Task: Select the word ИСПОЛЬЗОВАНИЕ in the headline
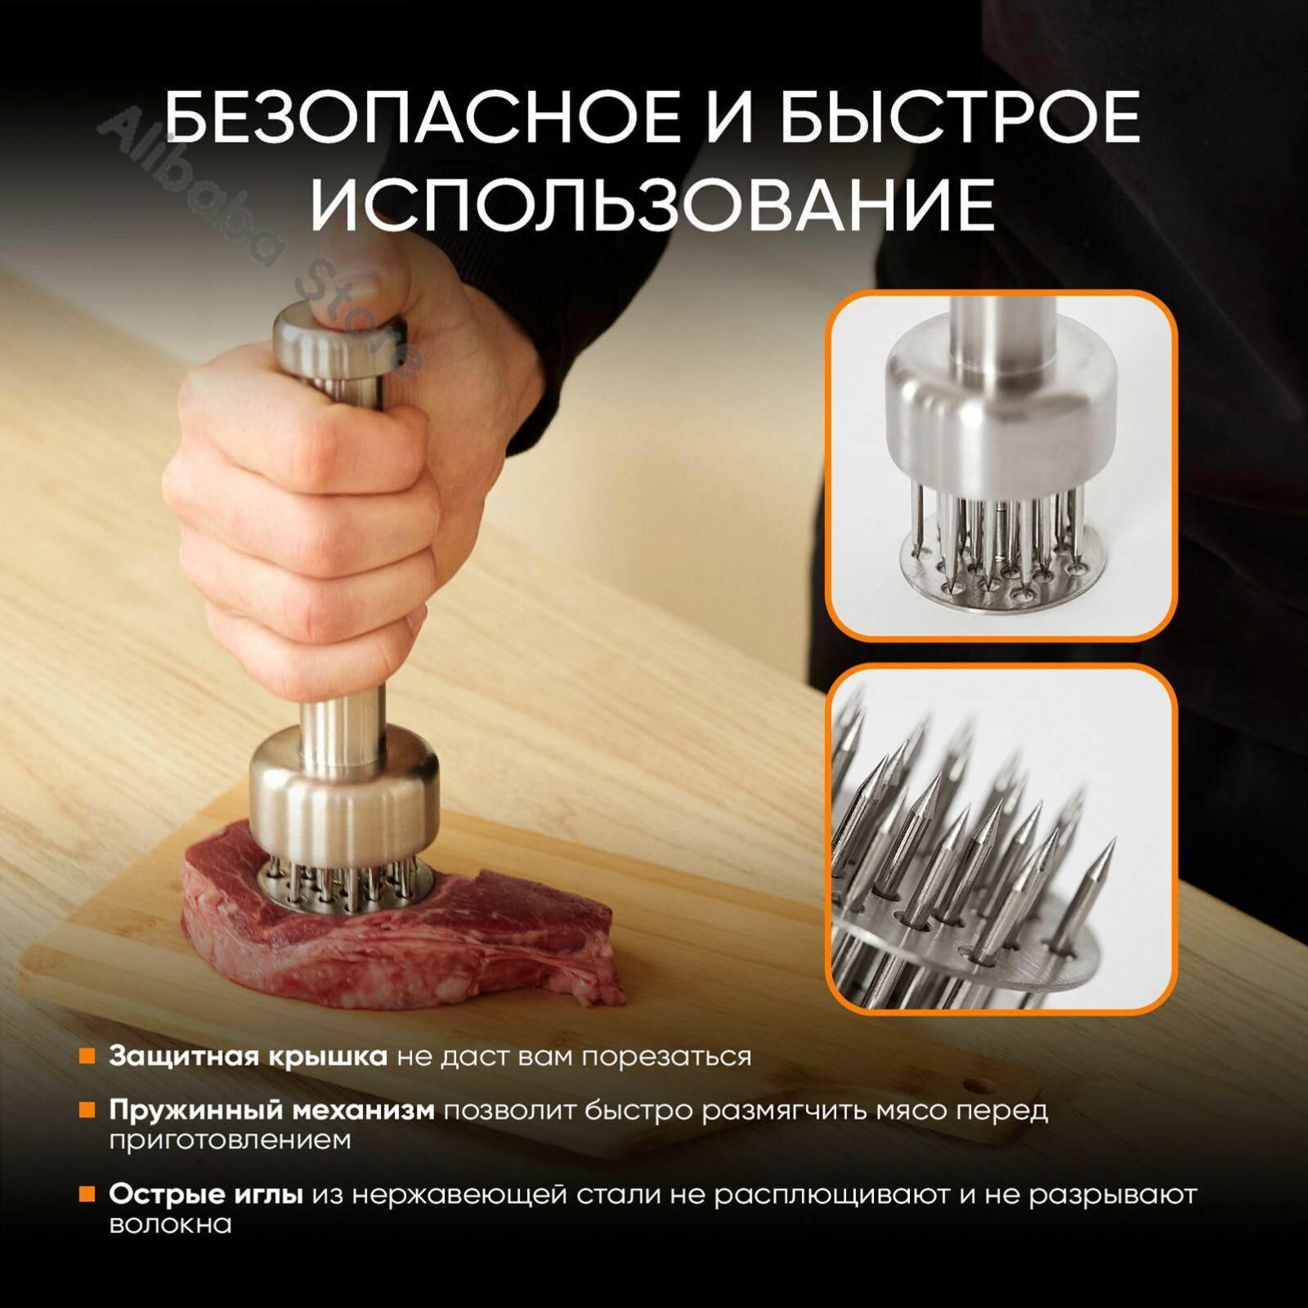[x=652, y=202]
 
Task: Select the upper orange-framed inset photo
[x=1001, y=466]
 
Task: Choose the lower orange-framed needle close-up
[x=1001, y=842]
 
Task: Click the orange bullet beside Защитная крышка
[x=87, y=1056]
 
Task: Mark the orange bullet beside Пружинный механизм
[x=87, y=1111]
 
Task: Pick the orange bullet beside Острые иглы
[x=87, y=1195]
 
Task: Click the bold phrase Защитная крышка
[x=249, y=1056]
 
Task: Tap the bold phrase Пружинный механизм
[x=272, y=1111]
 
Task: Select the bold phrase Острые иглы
[x=206, y=1195]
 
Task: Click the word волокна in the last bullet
[x=170, y=1225]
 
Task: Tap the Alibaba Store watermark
[x=262, y=245]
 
